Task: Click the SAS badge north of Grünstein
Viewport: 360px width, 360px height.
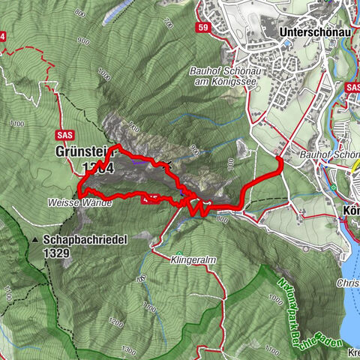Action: click(x=65, y=134)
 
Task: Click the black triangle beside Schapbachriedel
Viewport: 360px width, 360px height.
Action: click(x=35, y=241)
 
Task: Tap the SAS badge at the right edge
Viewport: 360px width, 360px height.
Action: click(x=353, y=88)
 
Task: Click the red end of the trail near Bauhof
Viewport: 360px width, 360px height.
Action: click(x=279, y=158)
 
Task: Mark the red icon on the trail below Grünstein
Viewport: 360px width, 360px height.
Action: click(x=149, y=198)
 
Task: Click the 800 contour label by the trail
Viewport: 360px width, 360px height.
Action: click(x=220, y=219)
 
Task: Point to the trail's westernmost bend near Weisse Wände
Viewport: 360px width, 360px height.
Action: click(x=79, y=196)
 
